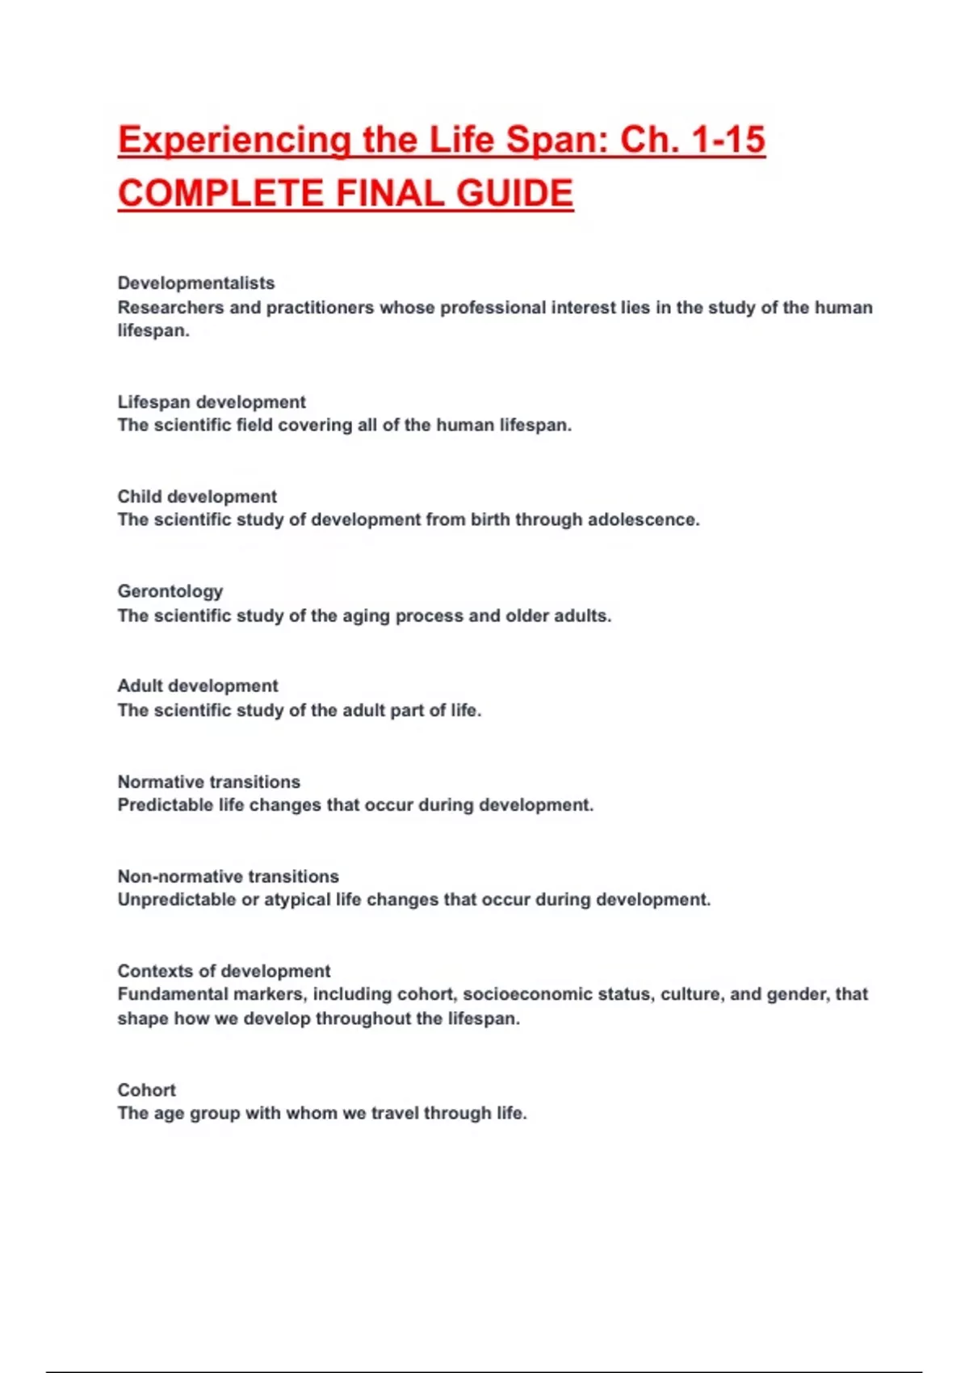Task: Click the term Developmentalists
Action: (196, 283)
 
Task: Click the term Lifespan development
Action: (212, 402)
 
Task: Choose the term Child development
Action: (197, 497)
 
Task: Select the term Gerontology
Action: (170, 591)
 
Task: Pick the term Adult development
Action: (198, 686)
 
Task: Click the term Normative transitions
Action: (209, 782)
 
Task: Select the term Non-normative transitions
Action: (229, 876)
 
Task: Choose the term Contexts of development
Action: (224, 971)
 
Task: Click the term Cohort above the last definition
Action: (147, 1090)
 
